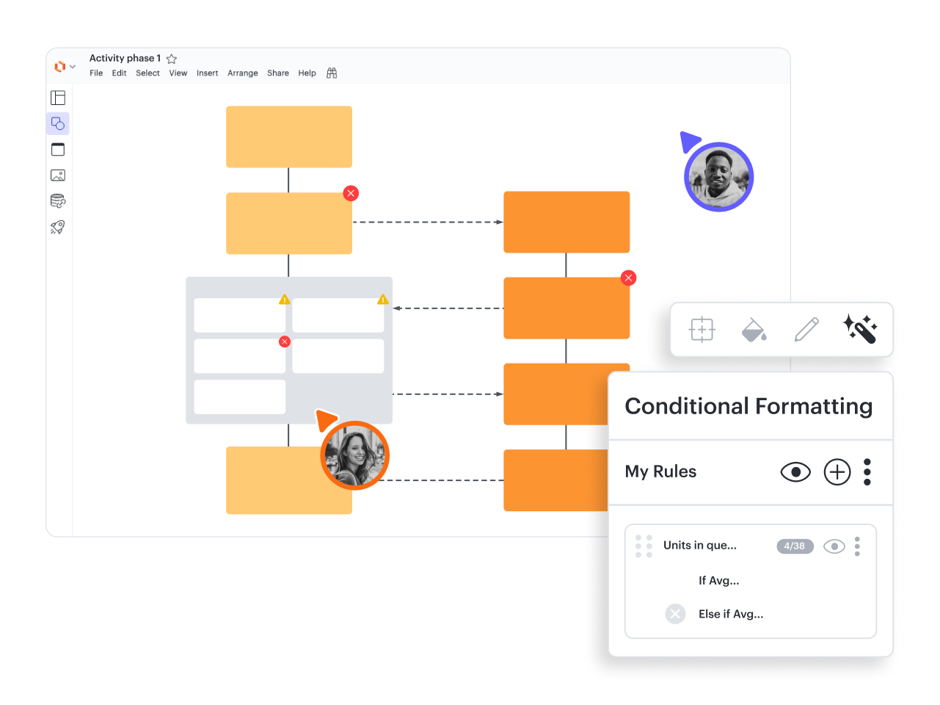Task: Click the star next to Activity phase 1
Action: [171, 58]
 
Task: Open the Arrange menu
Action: [242, 73]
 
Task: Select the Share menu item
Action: [278, 73]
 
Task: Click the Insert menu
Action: [207, 73]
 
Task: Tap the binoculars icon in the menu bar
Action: [332, 73]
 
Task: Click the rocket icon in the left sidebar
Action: [58, 227]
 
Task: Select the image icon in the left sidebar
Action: [58, 176]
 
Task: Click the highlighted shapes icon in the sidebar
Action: [58, 124]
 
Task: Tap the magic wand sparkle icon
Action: [859, 329]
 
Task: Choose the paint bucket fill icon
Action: [754, 330]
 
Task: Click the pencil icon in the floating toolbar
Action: [806, 329]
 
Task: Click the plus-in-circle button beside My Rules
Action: [837, 472]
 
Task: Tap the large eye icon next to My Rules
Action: [795, 472]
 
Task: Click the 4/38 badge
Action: [795, 546]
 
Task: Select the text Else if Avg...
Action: [731, 614]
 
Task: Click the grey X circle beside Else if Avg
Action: [675, 614]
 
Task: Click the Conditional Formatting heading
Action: [748, 406]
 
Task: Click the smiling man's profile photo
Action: [718, 176]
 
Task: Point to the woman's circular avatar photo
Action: [354, 455]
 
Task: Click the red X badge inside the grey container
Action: [285, 341]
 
